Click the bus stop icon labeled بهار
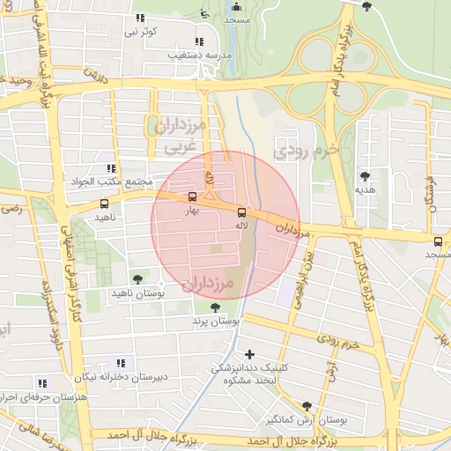[193, 197]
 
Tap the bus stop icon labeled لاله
[241, 211]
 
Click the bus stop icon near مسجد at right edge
[438, 241]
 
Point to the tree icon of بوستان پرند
[217, 307]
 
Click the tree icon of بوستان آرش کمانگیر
[306, 406]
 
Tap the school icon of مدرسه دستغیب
[199, 41]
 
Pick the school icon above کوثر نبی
[139, 18]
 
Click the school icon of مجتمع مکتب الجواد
[110, 167]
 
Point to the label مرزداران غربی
[180, 137]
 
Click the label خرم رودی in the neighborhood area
[307, 149]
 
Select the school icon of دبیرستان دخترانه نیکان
[121, 363]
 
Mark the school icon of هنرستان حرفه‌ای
[41, 383]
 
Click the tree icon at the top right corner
[366, 7]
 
